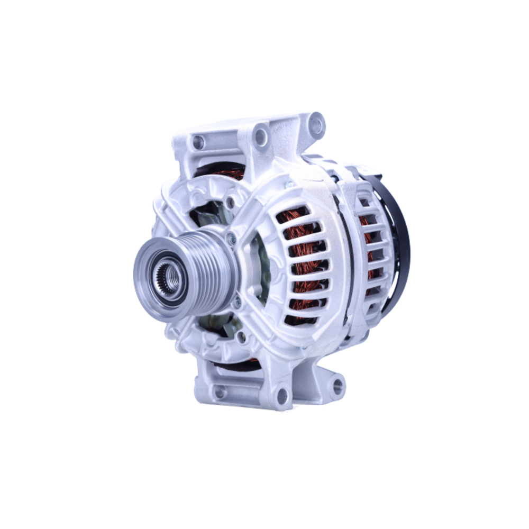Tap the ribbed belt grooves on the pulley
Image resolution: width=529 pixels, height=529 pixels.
(x=209, y=270)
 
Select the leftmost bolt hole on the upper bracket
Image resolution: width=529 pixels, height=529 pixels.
(x=198, y=142)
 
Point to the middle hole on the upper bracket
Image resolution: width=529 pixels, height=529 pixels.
(x=260, y=136)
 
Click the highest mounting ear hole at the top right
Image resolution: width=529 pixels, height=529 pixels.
(x=316, y=125)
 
